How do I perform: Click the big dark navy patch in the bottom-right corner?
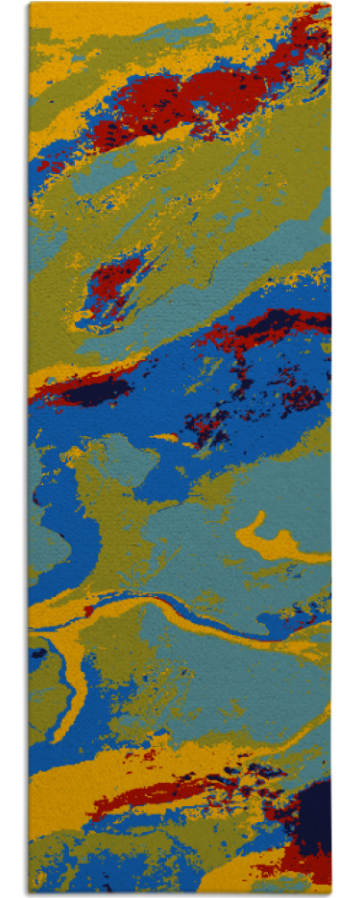[x=314, y=818]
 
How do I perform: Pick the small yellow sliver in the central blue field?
[x=168, y=438]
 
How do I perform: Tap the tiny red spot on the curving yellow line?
[x=89, y=611]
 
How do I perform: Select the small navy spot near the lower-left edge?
[x=38, y=653]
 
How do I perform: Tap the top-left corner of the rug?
[x=29, y=4]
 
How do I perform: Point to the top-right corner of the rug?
[x=331, y=4]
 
